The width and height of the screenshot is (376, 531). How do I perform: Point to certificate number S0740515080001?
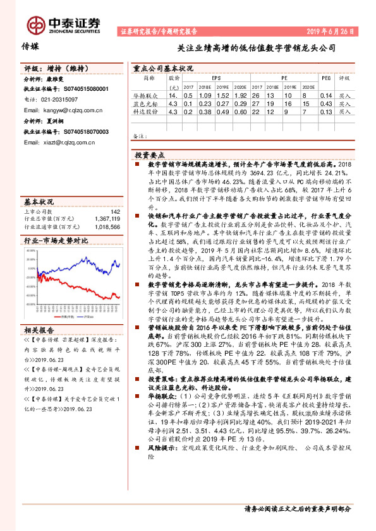[77, 90]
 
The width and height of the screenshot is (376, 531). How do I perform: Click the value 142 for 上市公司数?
[115, 212]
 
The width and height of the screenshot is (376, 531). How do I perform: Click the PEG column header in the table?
[326, 79]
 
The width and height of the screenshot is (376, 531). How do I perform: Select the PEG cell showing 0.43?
[326, 103]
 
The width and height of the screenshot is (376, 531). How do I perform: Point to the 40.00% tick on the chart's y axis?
[31, 250]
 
